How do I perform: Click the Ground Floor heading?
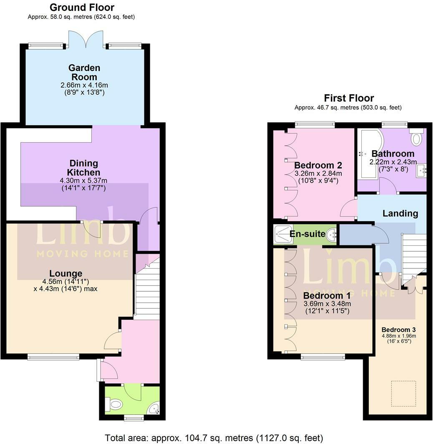[82, 8]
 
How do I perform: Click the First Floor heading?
[349, 98]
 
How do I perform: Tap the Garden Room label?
[84, 72]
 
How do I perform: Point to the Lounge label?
[66, 274]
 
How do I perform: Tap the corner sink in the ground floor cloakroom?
[155, 408]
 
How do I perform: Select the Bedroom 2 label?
[315, 165]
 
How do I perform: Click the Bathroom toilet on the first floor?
[416, 137]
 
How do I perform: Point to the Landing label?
[400, 213]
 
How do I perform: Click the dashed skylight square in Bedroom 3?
[403, 393]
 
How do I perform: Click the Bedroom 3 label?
[398, 330]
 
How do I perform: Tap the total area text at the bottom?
[214, 438]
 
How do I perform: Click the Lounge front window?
[53, 357]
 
